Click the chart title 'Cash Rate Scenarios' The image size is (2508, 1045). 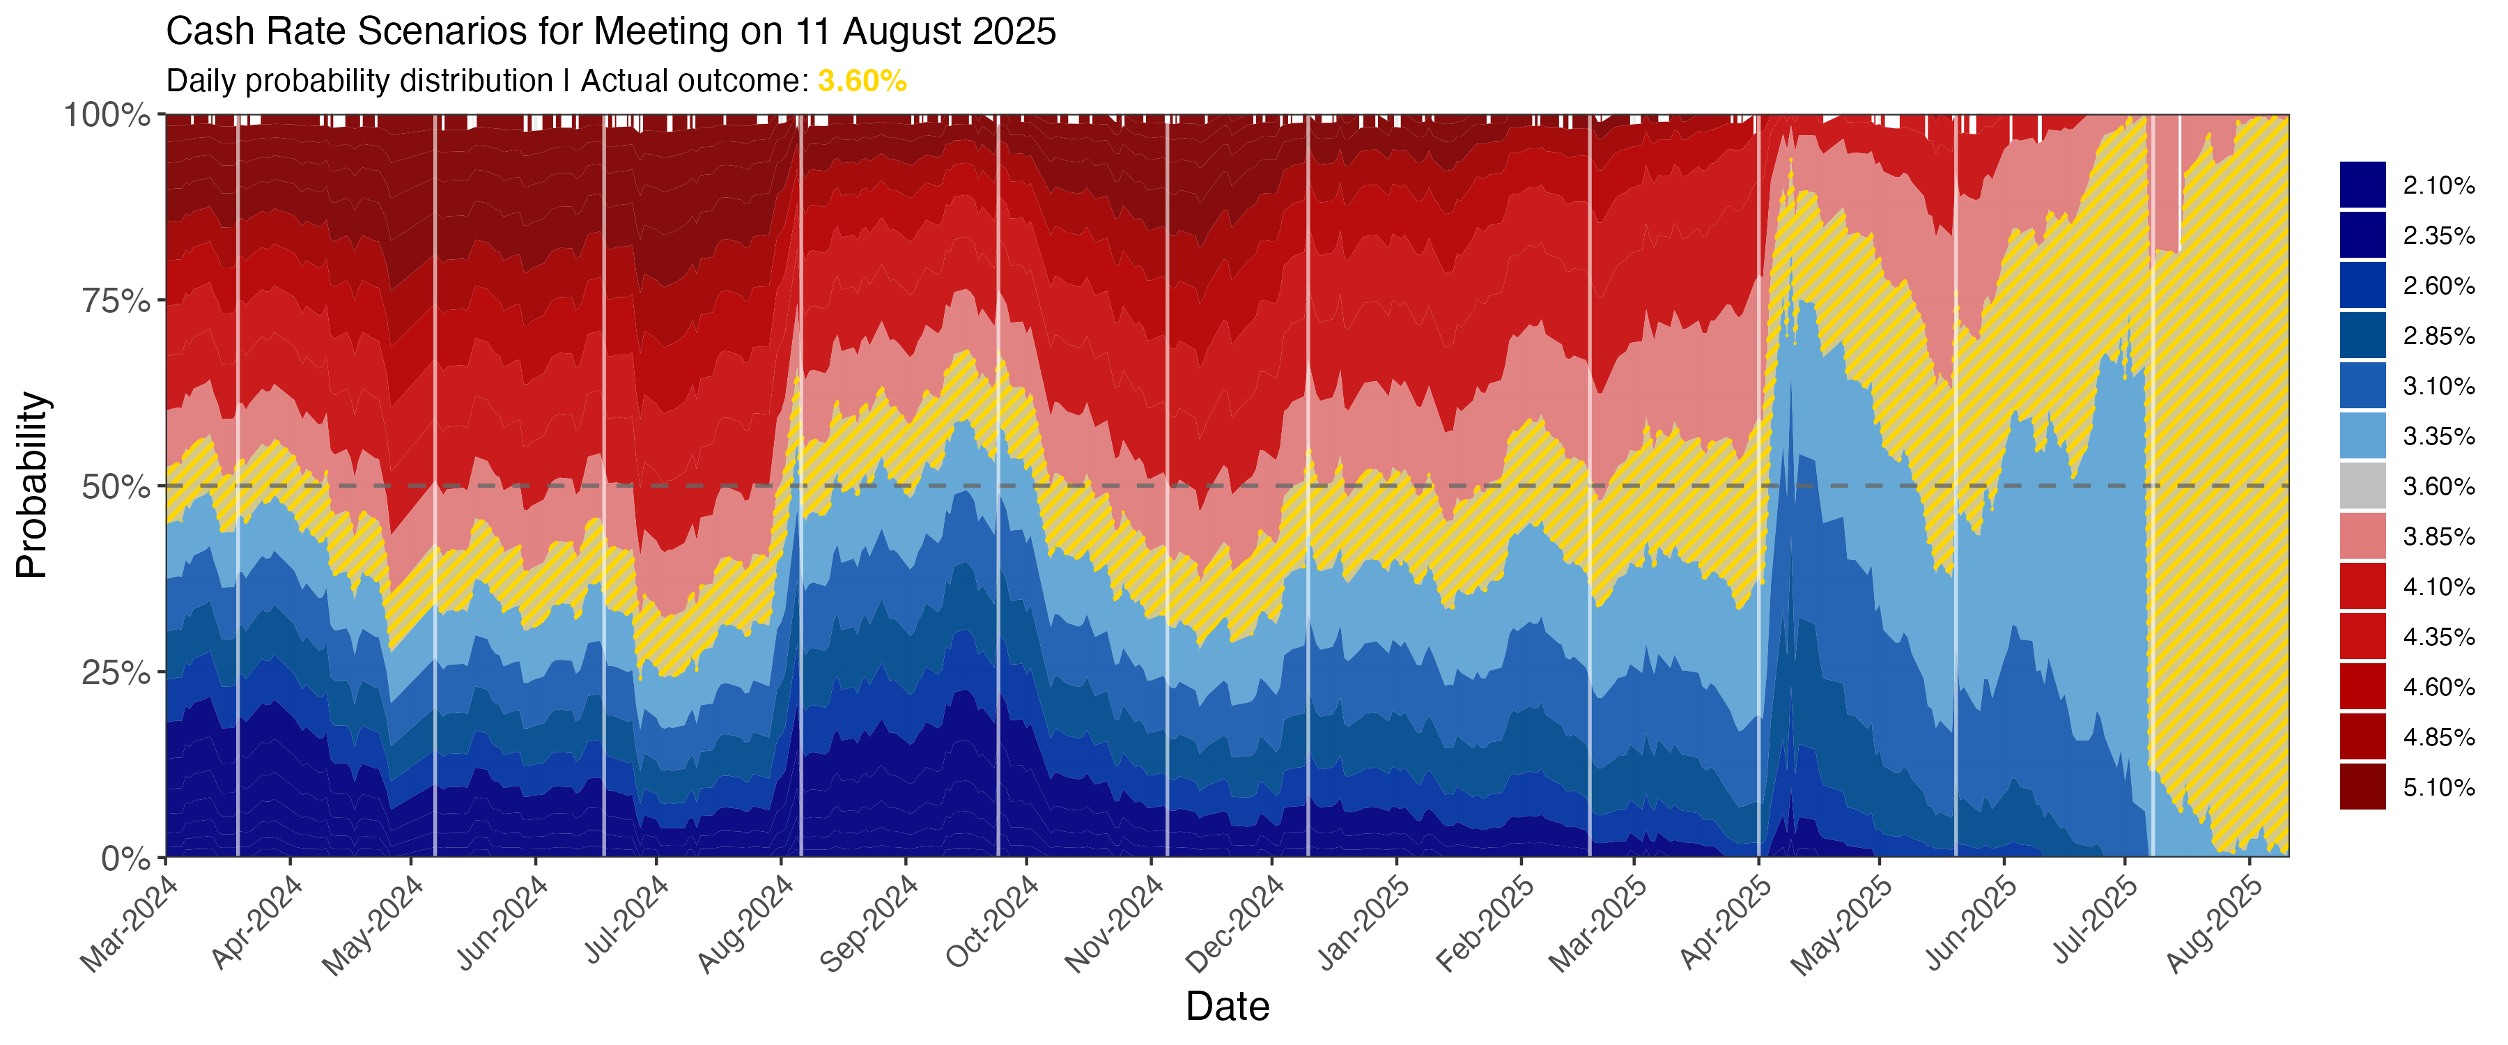(610, 32)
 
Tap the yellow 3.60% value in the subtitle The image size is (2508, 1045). (862, 81)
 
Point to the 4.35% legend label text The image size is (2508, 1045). (2438, 637)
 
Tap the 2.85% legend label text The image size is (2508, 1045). (2438, 336)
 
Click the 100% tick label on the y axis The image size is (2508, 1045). (107, 115)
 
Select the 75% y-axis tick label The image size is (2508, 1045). (115, 301)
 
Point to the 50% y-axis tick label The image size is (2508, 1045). (115, 487)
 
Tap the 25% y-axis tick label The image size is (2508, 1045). (115, 673)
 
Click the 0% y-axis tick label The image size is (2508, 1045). (127, 859)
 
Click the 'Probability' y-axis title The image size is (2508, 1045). (32, 485)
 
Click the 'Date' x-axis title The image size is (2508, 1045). (1227, 1006)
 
